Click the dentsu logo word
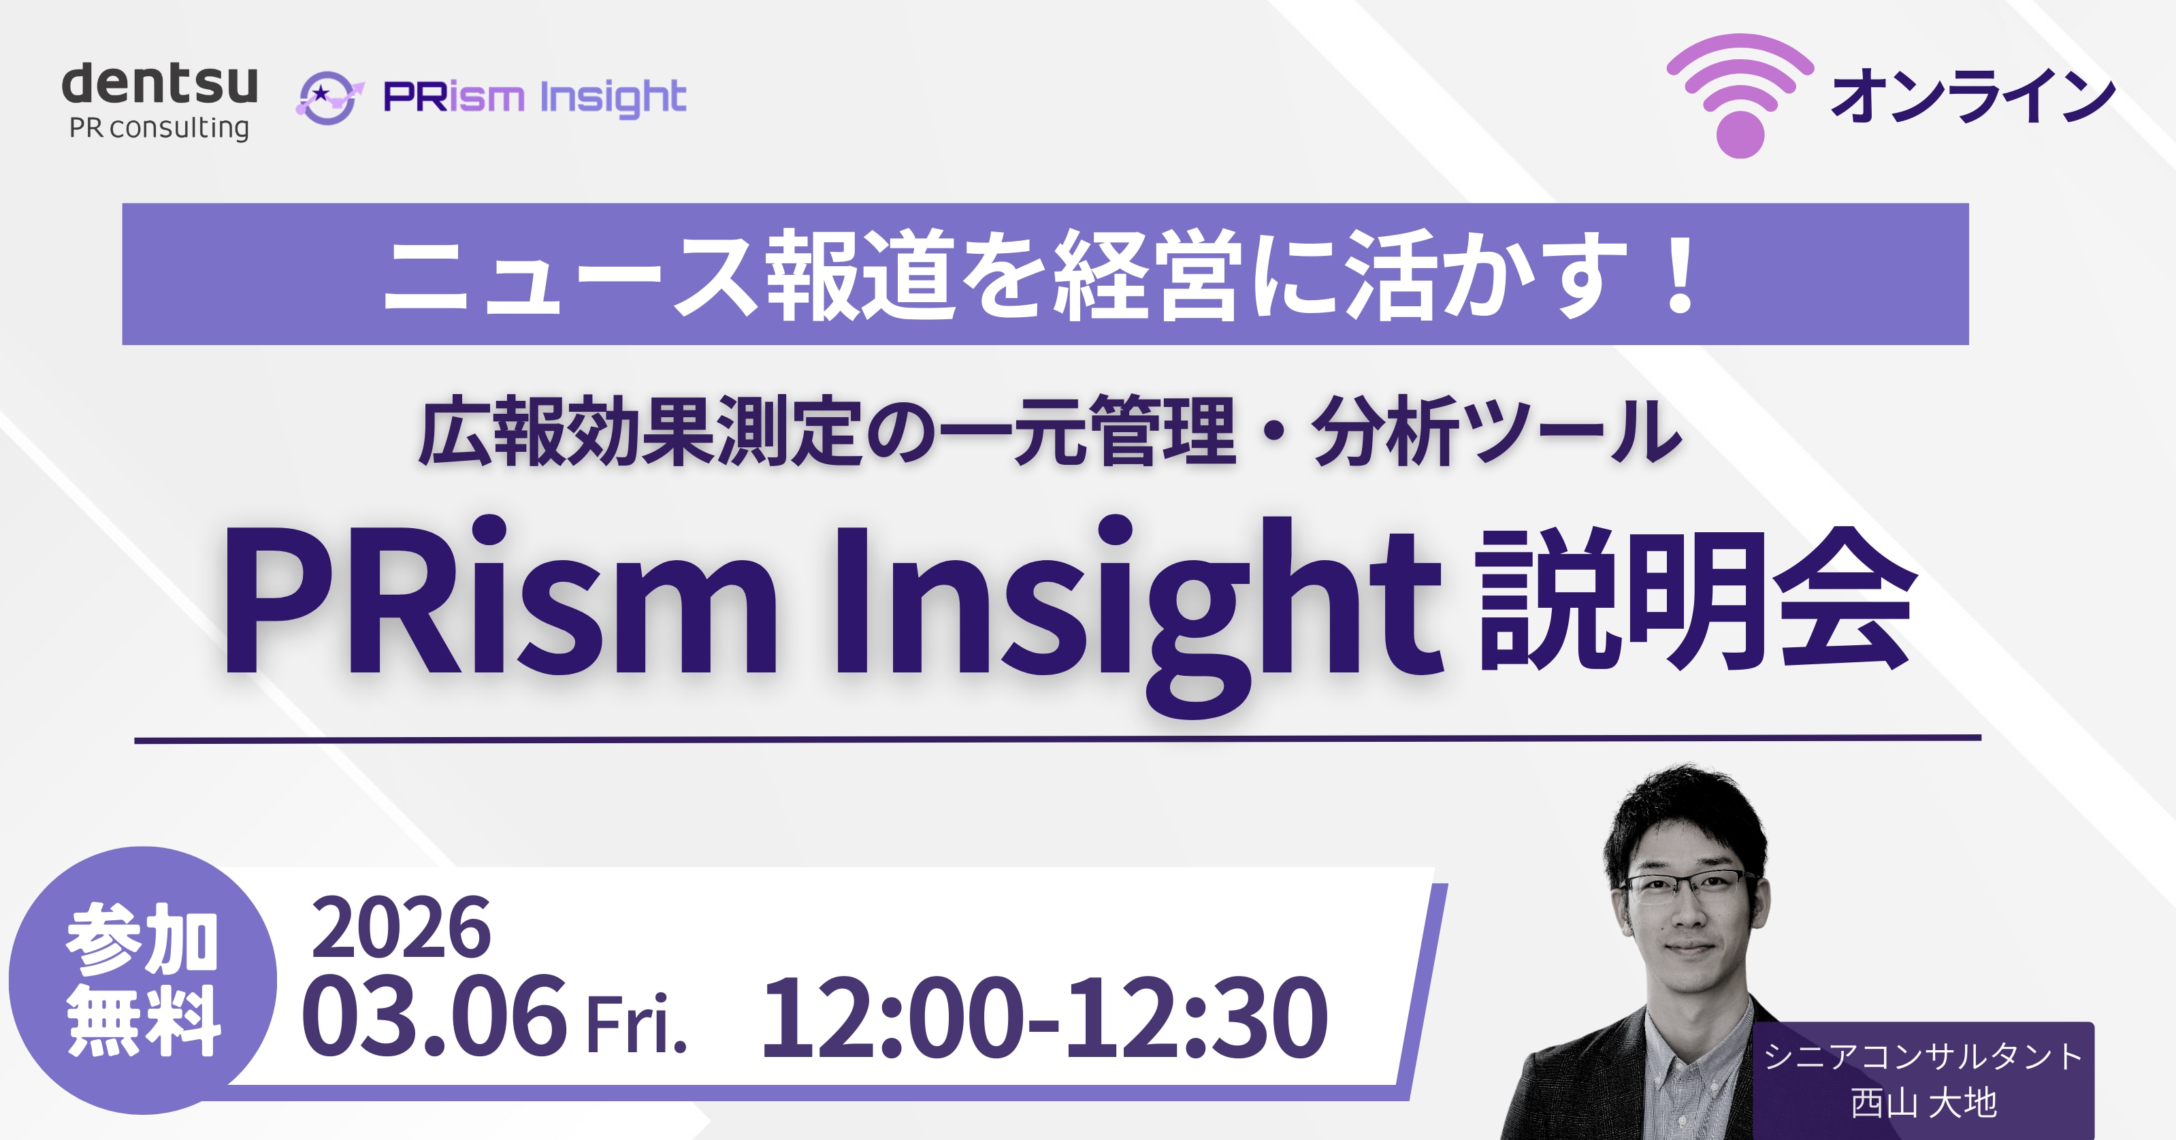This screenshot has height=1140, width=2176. (x=160, y=84)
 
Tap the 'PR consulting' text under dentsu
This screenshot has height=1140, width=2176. (x=160, y=129)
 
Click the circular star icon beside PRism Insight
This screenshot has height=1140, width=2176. (x=329, y=98)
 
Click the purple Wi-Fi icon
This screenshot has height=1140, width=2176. (x=1740, y=95)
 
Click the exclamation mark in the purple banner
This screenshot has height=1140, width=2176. (x=1678, y=274)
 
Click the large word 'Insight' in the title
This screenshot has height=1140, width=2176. (x=1138, y=604)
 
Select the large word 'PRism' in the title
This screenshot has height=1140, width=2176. (x=499, y=599)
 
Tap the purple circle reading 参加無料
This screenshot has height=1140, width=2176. (x=143, y=980)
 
